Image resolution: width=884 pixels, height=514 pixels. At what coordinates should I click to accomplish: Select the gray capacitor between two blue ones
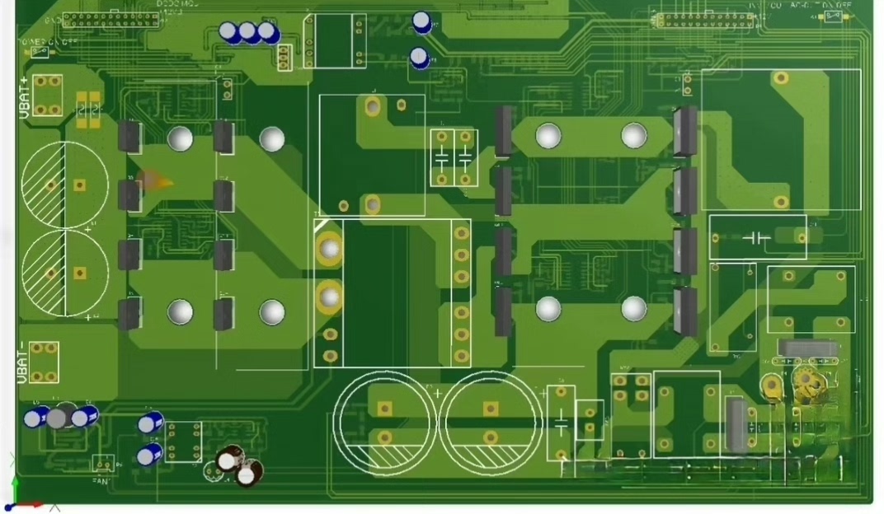[57, 418]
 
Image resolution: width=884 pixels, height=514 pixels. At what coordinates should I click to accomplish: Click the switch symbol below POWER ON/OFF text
[38, 53]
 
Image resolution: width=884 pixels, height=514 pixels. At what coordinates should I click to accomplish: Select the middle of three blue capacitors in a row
[247, 33]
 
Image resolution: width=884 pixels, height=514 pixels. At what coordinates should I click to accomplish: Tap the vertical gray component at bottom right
[736, 424]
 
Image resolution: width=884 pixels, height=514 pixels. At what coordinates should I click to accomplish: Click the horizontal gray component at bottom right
[808, 348]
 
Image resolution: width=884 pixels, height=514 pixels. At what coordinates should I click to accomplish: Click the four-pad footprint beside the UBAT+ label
[48, 96]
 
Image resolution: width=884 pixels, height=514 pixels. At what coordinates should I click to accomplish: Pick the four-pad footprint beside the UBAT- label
[44, 362]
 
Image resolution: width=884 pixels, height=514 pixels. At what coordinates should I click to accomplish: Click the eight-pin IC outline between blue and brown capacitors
[183, 441]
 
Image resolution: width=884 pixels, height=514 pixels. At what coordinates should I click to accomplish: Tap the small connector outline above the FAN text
[102, 463]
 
